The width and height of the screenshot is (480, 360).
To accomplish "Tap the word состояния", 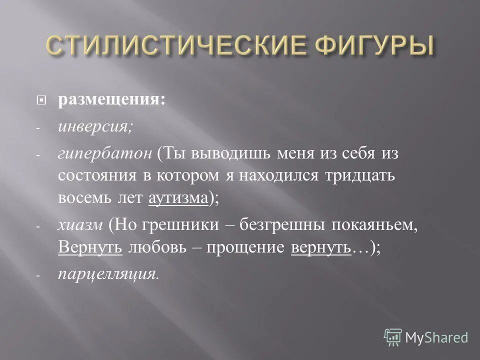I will tap(92, 176).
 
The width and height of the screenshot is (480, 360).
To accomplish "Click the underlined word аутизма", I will tap(178, 198).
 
